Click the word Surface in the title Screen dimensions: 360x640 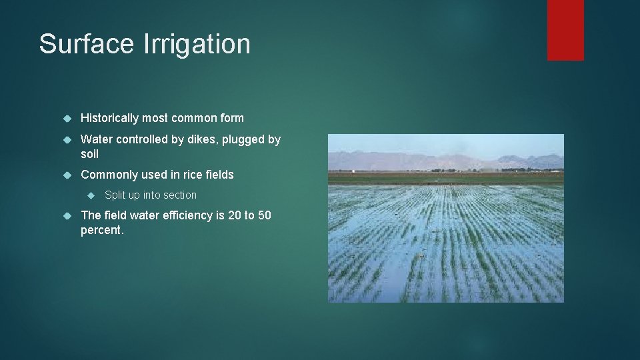click(x=86, y=44)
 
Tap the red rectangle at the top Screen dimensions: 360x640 click(x=565, y=29)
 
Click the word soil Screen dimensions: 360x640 click(x=89, y=154)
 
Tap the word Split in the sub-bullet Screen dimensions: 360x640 click(x=115, y=195)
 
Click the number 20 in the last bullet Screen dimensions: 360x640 click(x=235, y=215)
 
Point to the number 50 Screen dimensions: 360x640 click(x=264, y=215)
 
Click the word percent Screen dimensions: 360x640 click(x=102, y=230)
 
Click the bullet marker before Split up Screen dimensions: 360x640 click(x=93, y=195)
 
